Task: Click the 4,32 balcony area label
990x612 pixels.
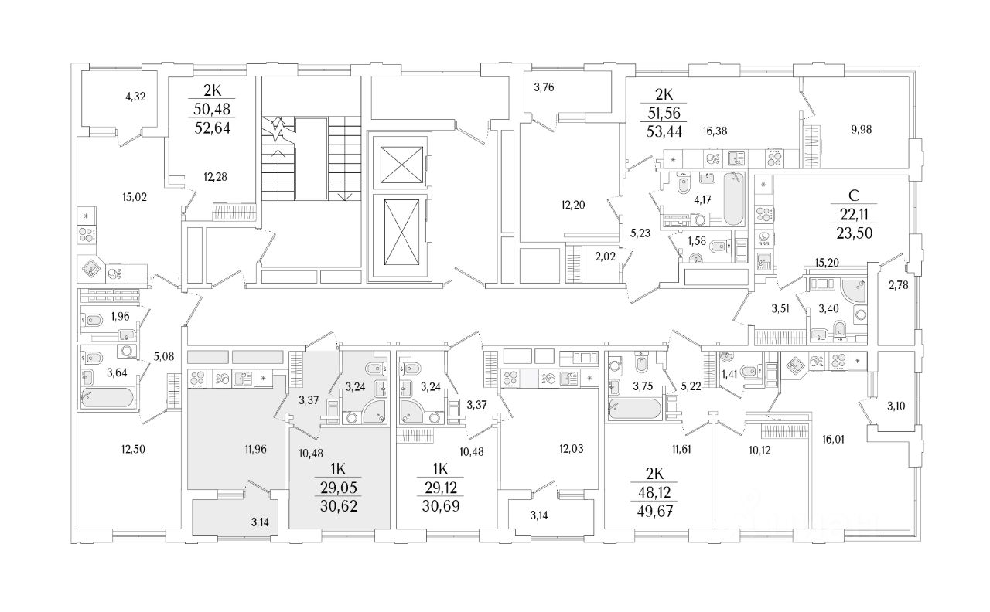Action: click(x=135, y=97)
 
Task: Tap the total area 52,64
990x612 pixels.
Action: click(x=213, y=128)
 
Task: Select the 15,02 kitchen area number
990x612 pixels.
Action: click(x=135, y=197)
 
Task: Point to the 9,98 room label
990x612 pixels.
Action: click(x=861, y=130)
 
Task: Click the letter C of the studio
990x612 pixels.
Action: click(x=854, y=195)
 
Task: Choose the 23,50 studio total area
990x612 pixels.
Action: click(x=855, y=233)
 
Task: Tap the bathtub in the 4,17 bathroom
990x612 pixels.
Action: click(x=734, y=199)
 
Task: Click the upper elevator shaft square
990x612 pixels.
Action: click(x=401, y=165)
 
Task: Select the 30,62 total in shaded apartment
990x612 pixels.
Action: click(x=339, y=505)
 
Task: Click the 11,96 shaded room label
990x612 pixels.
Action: click(x=255, y=450)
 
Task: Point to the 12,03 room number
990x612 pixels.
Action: click(x=571, y=449)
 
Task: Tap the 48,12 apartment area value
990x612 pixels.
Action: click(x=655, y=492)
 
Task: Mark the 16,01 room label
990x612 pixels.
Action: click(x=833, y=440)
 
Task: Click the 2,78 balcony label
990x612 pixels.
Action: click(x=899, y=285)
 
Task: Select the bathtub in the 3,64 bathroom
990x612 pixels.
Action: click(x=108, y=397)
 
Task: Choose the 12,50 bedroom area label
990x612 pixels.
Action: click(x=133, y=450)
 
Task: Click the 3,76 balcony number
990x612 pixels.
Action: click(x=544, y=87)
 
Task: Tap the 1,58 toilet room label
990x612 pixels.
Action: click(x=697, y=241)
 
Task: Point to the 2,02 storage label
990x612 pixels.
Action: click(x=605, y=257)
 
